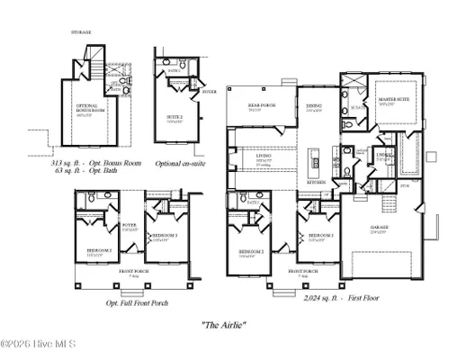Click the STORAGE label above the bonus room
pos(82,32)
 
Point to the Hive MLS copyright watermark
pos(38,344)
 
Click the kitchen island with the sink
pos(316,162)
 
